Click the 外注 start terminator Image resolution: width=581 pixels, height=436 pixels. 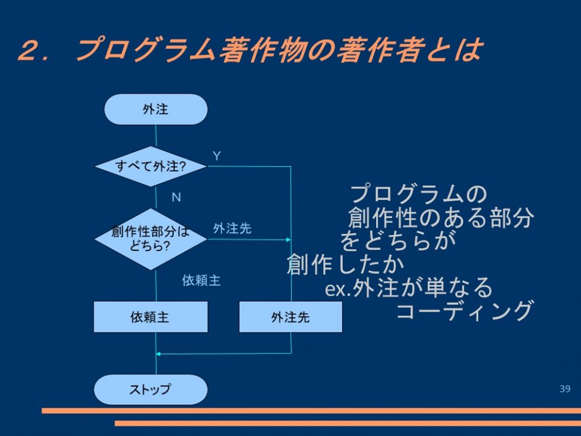click(x=156, y=110)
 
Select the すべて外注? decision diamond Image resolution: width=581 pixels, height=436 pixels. click(x=151, y=166)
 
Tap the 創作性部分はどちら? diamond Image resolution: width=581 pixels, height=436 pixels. click(x=151, y=239)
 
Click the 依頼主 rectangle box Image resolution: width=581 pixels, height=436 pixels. click(x=150, y=317)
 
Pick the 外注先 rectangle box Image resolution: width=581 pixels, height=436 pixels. click(x=290, y=317)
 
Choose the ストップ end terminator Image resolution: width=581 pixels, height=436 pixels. click(x=150, y=389)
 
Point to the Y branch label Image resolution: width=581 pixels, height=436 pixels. click(x=217, y=156)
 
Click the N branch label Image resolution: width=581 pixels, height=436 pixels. click(x=176, y=197)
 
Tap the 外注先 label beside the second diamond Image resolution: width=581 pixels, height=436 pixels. click(x=232, y=228)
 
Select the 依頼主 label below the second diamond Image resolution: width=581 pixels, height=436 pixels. click(x=201, y=280)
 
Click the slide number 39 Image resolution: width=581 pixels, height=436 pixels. click(x=565, y=388)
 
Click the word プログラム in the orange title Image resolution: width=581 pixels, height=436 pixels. click(x=146, y=49)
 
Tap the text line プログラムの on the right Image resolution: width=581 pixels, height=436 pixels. click(x=418, y=194)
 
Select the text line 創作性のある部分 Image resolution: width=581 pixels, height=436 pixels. click(x=441, y=217)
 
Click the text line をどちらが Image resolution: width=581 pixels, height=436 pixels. click(x=398, y=241)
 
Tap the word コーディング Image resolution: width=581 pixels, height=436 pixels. click(x=465, y=311)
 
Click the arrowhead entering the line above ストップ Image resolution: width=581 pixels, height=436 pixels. click(x=158, y=354)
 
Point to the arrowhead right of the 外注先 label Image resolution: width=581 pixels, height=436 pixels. click(x=288, y=240)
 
